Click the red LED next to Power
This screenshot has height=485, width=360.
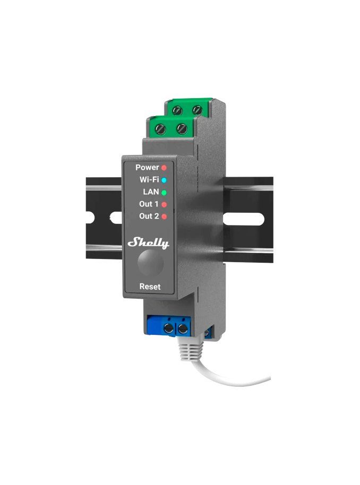pyautogui.click(x=164, y=168)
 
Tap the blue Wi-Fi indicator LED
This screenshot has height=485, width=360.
pyautogui.click(x=164, y=180)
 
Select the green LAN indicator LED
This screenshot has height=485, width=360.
pyautogui.click(x=164, y=193)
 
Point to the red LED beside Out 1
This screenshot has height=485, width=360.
pyautogui.click(x=164, y=204)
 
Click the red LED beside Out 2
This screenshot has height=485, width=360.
pyautogui.click(x=164, y=216)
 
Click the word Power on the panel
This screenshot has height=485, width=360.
pyautogui.click(x=147, y=167)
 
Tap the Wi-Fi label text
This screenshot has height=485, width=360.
pyautogui.click(x=149, y=179)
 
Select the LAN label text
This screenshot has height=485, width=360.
pyautogui.click(x=151, y=192)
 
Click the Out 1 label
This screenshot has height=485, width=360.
pyautogui.click(x=149, y=204)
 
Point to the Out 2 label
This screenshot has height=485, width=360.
pyautogui.click(x=149, y=216)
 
